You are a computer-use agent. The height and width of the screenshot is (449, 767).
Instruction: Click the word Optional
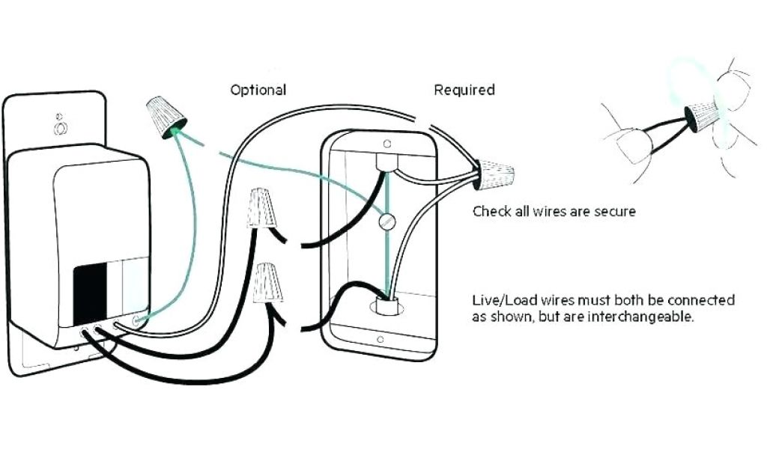(258, 90)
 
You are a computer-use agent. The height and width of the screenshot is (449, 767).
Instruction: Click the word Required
(464, 90)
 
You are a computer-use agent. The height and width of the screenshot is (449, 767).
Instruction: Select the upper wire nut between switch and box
(260, 209)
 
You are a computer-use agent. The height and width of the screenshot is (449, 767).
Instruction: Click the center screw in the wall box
(386, 222)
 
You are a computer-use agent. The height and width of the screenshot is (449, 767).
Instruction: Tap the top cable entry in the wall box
(387, 163)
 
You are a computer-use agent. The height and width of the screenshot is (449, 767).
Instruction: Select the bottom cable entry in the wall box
(386, 306)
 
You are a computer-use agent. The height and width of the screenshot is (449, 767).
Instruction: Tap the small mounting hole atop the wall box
(386, 142)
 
